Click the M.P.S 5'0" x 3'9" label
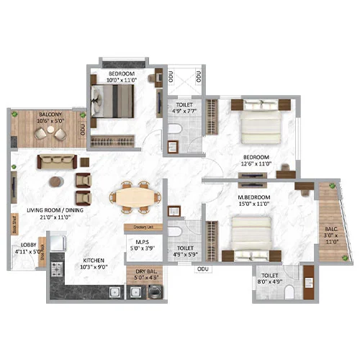pyautogui.click(x=141, y=244)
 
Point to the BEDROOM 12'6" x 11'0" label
pyautogui.click(x=255, y=161)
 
